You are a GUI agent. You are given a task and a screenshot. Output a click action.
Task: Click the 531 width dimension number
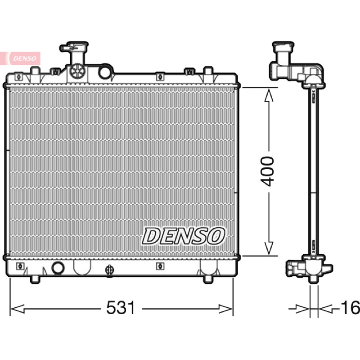coord(121,308)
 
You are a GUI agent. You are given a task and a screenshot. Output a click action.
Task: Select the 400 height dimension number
coord(267,171)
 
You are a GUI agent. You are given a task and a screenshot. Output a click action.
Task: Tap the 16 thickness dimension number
coord(350,308)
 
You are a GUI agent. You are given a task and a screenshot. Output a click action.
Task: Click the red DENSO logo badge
coord(20,58)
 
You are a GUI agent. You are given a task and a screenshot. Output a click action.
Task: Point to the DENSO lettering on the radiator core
coord(184,236)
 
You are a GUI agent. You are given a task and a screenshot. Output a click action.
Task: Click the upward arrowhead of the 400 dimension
coord(269,95)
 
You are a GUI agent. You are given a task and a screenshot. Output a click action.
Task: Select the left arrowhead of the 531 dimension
coord(18,309)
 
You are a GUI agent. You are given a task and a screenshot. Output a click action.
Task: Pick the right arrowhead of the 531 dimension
coord(225,309)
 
